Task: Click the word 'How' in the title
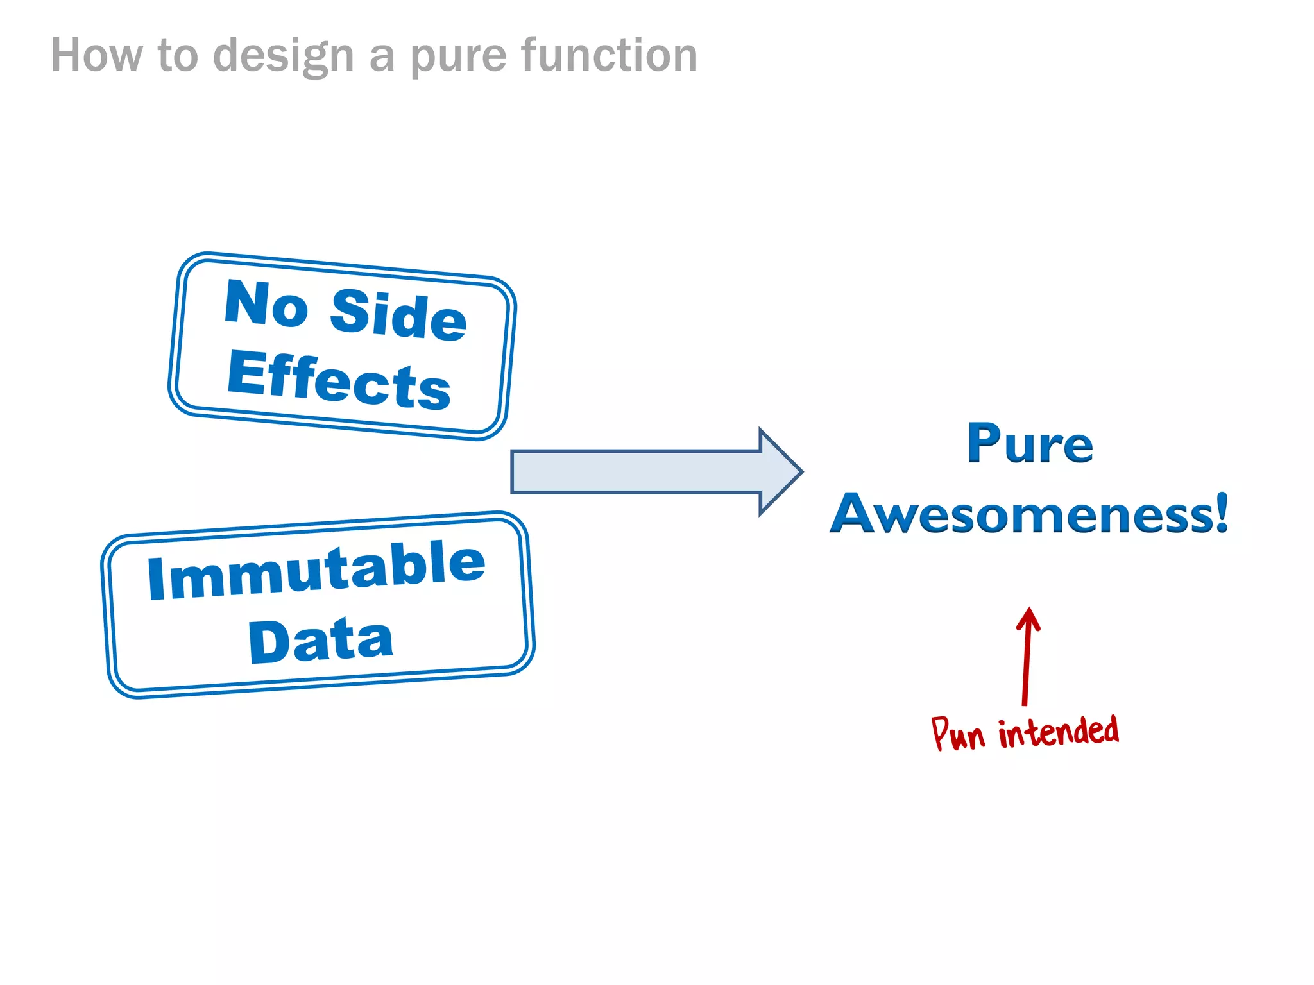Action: (96, 56)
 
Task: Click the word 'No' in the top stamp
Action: (266, 304)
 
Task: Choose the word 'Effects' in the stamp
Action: (339, 381)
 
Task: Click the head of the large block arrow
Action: (780, 472)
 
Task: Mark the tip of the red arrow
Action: (1029, 609)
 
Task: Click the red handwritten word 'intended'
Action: (1058, 732)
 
